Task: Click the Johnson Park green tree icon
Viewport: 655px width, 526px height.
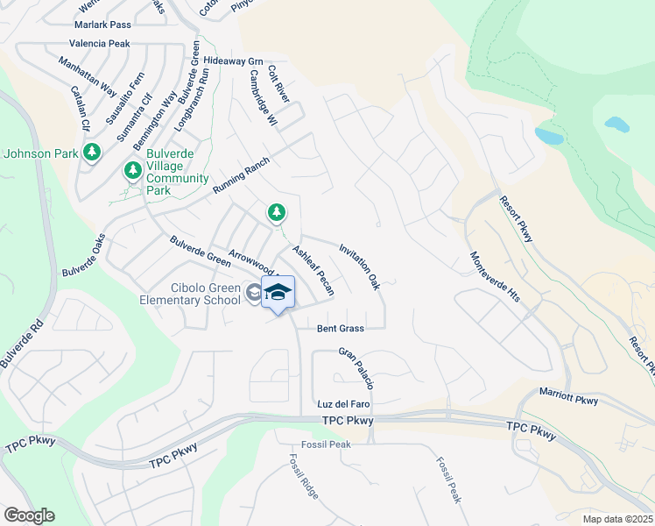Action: point(93,153)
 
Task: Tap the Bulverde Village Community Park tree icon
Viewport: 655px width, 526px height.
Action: point(133,170)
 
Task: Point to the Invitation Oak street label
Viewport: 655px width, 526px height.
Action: point(359,267)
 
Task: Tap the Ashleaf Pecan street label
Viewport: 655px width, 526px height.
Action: point(313,270)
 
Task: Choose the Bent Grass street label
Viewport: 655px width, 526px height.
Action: point(340,328)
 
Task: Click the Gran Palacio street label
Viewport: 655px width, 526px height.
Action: point(357,368)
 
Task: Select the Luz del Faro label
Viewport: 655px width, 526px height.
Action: point(343,404)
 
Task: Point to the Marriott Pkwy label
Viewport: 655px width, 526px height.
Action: point(568,395)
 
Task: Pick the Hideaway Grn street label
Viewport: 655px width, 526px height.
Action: point(233,61)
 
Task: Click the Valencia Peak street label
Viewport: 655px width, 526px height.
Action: point(100,43)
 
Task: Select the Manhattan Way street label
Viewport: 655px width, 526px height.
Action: point(88,76)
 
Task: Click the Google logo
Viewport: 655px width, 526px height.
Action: point(29,515)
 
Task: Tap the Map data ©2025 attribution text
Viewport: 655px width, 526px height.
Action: point(616,519)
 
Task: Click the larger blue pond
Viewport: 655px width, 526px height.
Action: point(549,136)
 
